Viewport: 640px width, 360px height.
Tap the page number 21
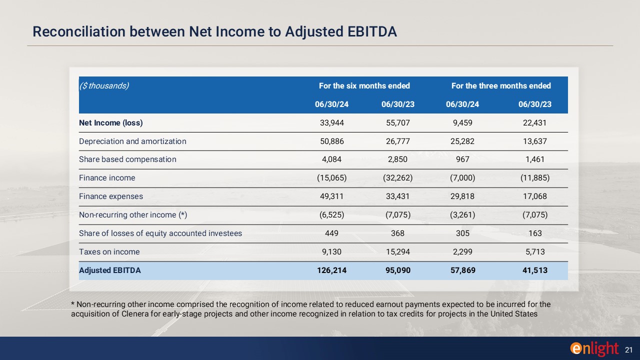(x=629, y=349)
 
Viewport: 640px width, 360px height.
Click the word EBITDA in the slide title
(x=371, y=31)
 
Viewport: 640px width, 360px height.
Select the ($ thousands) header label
(x=104, y=85)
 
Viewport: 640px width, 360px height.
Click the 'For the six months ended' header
(x=364, y=85)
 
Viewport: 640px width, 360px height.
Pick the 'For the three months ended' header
(x=501, y=85)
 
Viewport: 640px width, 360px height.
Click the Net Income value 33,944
(x=331, y=122)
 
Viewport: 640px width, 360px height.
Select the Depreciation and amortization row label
(x=132, y=141)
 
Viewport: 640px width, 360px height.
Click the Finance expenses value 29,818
(x=460, y=196)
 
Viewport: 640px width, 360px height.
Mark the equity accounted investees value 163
(x=534, y=233)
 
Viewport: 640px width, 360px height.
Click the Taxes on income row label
(x=109, y=252)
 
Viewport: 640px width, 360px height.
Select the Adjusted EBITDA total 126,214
(x=330, y=270)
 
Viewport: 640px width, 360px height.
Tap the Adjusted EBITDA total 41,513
(x=534, y=270)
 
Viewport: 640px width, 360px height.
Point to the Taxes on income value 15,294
(x=398, y=252)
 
